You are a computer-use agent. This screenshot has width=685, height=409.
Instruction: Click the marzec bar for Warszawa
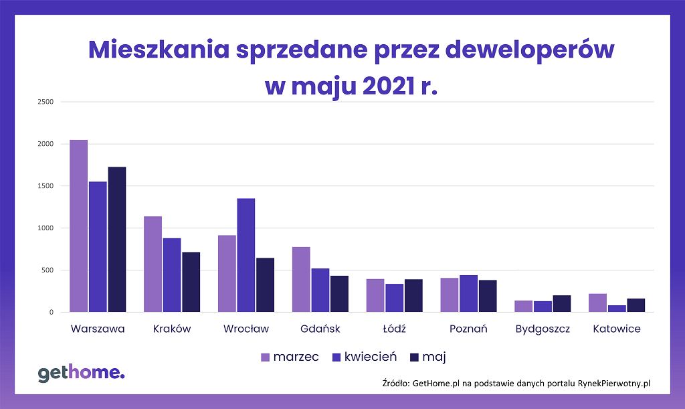point(79,226)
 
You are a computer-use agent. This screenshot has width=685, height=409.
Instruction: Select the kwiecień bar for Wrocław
point(246,255)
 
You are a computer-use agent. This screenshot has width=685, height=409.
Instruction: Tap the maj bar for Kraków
point(191,282)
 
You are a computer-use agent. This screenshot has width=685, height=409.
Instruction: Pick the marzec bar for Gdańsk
point(301,279)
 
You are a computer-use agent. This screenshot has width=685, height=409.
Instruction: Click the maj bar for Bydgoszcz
point(562,303)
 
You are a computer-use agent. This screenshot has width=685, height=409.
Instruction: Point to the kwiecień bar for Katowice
point(617,309)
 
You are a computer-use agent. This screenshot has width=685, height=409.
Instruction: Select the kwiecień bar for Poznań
point(468,293)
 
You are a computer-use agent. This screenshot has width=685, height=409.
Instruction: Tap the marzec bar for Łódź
point(375,295)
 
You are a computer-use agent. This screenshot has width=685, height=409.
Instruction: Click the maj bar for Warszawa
point(117,239)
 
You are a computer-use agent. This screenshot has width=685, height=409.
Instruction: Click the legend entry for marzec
point(290,357)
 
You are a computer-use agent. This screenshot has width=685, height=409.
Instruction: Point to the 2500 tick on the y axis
point(45,102)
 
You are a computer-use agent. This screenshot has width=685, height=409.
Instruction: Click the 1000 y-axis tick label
point(45,228)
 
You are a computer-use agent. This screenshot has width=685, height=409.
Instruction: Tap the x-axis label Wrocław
point(246,329)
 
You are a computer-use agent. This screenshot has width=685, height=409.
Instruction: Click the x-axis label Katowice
point(616,329)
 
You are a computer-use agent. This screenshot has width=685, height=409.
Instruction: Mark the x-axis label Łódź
point(394,329)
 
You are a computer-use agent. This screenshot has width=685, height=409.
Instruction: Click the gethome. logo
point(81,374)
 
